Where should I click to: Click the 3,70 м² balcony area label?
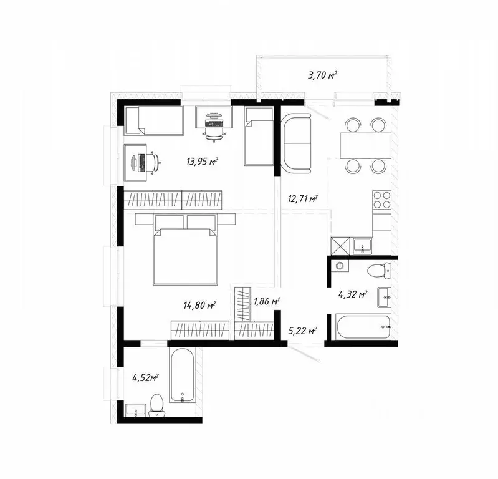click(x=322, y=75)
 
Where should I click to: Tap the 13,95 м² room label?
click(x=201, y=162)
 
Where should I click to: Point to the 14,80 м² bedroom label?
click(x=199, y=306)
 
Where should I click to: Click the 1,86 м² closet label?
click(x=266, y=302)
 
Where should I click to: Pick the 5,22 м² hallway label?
click(x=304, y=331)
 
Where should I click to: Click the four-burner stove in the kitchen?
click(x=381, y=200)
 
